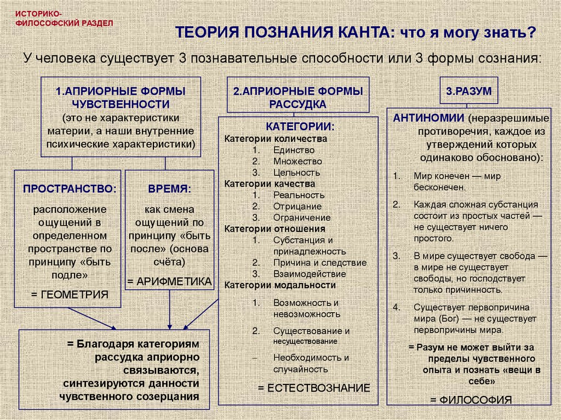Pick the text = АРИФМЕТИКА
click(169, 281)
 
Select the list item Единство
click(294, 150)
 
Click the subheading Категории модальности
click(280, 285)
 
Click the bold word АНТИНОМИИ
click(427, 119)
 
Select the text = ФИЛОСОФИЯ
click(471, 399)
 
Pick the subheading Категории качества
click(270, 184)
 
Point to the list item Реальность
click(299, 195)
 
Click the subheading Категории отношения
click(274, 229)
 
